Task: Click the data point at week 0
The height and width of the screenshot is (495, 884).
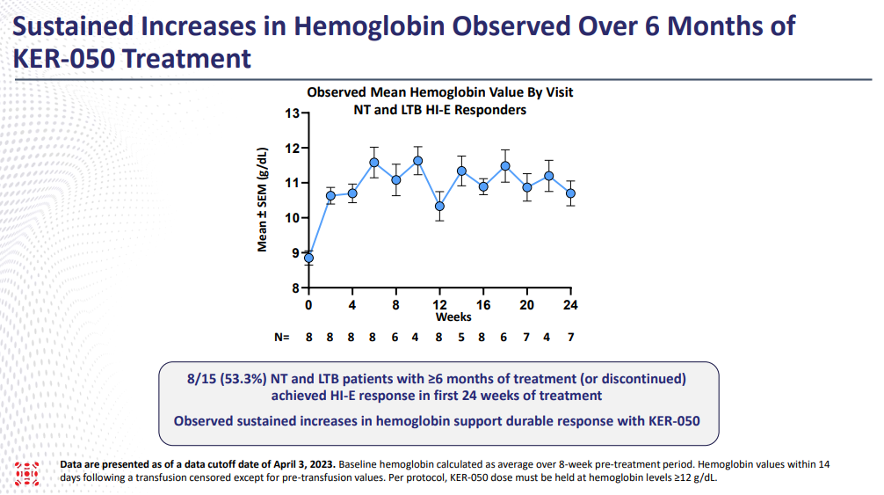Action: [309, 258]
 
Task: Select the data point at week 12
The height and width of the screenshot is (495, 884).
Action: [439, 207]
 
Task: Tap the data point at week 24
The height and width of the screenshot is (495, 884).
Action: [570, 193]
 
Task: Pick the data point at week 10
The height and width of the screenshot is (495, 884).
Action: [417, 161]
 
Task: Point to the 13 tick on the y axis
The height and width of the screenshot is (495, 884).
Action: [305, 113]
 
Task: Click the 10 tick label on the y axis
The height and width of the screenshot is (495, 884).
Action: [292, 218]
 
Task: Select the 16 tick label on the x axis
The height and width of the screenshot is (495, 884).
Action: [483, 305]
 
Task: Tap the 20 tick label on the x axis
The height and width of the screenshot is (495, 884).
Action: [526, 305]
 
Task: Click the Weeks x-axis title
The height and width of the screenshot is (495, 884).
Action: [453, 317]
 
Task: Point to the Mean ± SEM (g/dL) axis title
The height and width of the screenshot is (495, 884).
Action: [262, 200]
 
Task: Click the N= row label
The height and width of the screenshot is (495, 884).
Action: [282, 337]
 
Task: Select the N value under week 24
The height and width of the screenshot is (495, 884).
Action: [570, 337]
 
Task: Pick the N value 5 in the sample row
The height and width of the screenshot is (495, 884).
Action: [461, 337]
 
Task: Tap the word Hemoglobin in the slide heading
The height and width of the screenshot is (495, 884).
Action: [369, 27]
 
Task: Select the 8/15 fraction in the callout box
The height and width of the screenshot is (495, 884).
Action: [201, 379]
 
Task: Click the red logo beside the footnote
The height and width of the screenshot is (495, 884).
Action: [27, 474]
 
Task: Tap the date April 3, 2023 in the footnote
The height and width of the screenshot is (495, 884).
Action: [304, 464]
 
